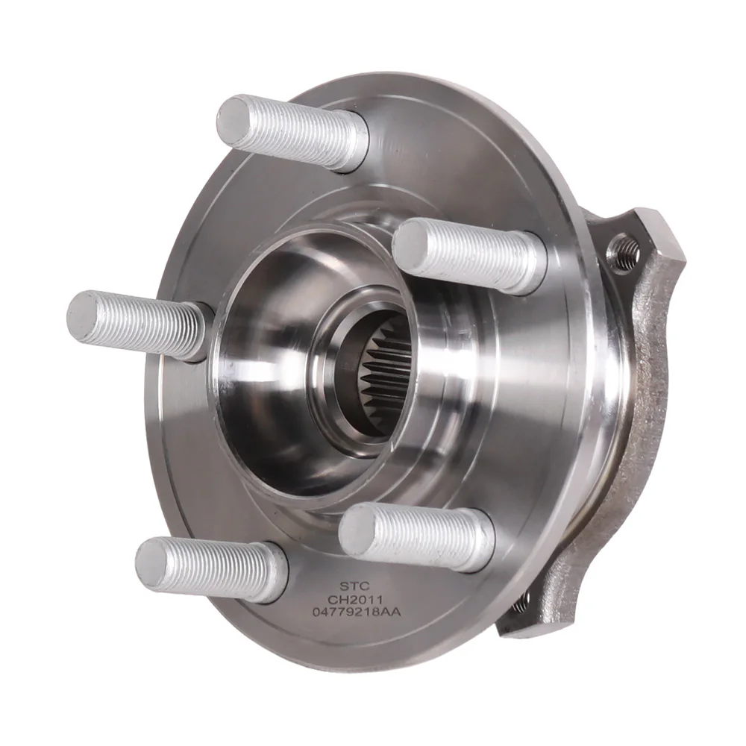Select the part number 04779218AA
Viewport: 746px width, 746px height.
tap(357, 612)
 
